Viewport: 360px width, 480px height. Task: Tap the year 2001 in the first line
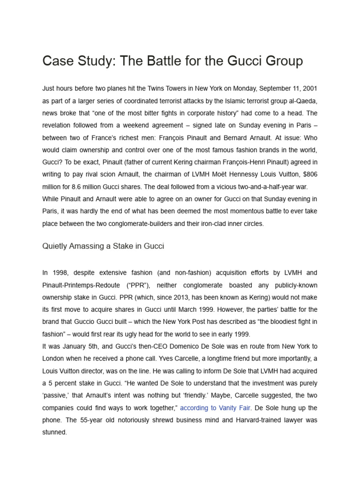click(309, 89)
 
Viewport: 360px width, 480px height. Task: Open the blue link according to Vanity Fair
click(215, 408)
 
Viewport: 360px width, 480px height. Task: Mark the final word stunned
click(54, 432)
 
